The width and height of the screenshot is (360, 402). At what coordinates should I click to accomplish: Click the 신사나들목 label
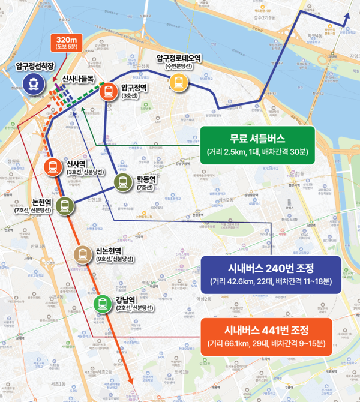(x=79, y=79)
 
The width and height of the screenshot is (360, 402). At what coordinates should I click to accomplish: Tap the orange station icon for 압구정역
(x=109, y=91)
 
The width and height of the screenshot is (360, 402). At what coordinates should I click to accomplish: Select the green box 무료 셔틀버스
(x=257, y=145)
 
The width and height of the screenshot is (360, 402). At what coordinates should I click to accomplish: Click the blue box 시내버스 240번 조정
(x=271, y=275)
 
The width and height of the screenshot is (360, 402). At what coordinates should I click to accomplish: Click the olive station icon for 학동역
(x=123, y=182)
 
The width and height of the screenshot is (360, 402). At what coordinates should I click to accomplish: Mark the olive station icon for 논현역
(x=64, y=206)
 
